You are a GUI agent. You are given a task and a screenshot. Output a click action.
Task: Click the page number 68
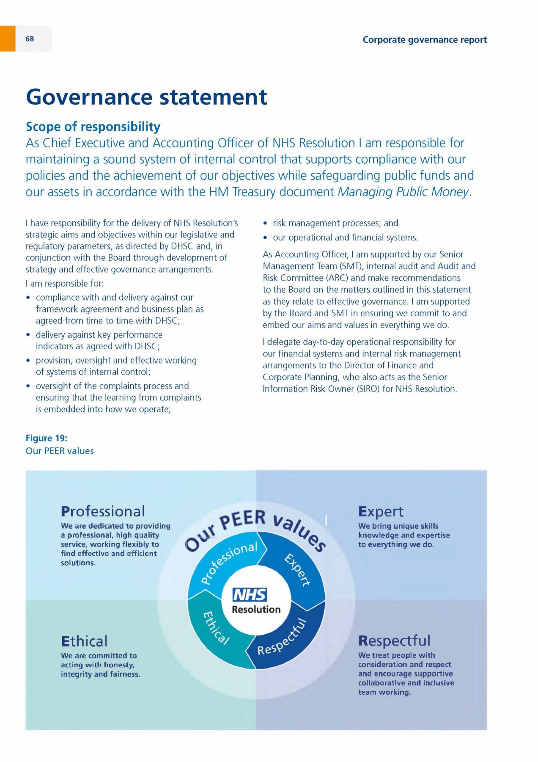click(30, 39)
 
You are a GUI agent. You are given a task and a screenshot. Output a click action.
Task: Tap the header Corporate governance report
click(425, 40)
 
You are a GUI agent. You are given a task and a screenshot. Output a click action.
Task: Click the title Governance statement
click(146, 97)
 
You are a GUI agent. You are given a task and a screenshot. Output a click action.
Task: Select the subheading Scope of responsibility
click(93, 127)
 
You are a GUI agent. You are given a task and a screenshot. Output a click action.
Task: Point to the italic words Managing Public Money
click(403, 192)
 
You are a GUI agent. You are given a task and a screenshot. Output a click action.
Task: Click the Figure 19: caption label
click(47, 438)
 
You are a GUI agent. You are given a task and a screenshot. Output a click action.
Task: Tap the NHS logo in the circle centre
click(250, 595)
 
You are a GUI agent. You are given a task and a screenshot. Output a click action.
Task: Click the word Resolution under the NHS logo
click(256, 610)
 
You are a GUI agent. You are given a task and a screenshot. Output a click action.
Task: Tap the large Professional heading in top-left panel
click(103, 511)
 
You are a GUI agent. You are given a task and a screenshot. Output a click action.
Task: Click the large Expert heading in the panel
click(381, 512)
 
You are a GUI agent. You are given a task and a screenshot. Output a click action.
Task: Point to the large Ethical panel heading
click(84, 641)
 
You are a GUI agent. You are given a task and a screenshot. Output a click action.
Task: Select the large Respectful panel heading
click(394, 641)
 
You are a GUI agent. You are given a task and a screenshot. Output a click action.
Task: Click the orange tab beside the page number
click(8, 39)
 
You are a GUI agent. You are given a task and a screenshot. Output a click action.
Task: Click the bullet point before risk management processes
click(265, 224)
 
